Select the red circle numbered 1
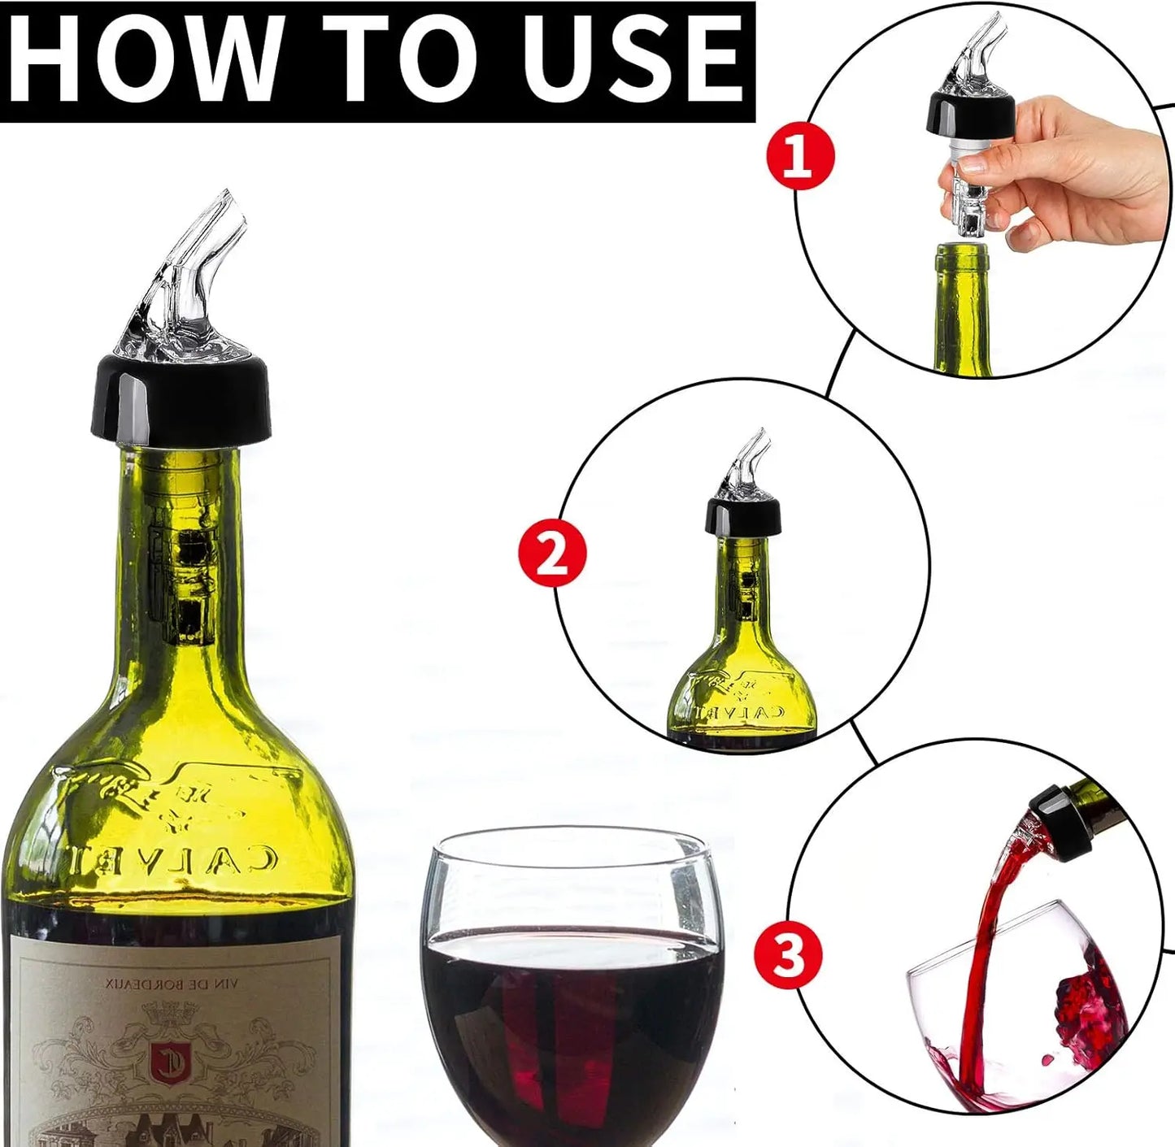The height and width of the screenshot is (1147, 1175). point(800,155)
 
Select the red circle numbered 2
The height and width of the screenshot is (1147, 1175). point(552,554)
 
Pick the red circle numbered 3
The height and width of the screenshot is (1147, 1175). point(787,955)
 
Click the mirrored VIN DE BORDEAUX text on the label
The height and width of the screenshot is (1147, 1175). point(170,984)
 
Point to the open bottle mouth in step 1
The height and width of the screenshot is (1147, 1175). point(962,251)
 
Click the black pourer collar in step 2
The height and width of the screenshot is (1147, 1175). point(742,516)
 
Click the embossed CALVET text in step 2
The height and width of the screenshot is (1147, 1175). point(741,712)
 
